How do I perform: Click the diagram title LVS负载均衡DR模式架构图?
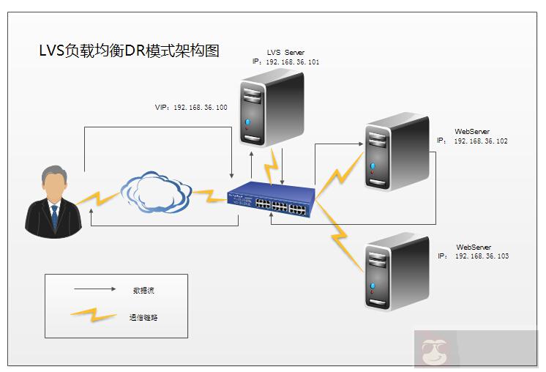tap(129, 51)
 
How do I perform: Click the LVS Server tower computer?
tap(272, 109)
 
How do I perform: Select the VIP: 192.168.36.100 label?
tap(191, 107)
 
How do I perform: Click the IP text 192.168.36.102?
tap(481, 141)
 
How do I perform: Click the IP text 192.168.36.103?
tap(482, 256)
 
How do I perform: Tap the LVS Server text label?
tap(285, 53)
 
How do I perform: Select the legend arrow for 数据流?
tap(95, 289)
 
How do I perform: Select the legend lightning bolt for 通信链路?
tap(94, 316)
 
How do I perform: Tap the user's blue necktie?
tap(54, 217)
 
